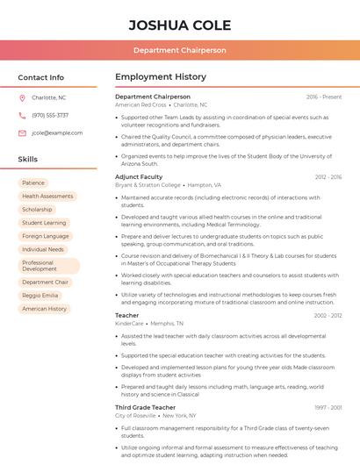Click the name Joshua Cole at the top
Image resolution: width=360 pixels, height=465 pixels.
coord(179,24)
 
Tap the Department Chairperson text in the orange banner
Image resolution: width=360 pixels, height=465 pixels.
coord(179,51)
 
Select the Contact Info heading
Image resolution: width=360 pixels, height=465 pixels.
coord(40,77)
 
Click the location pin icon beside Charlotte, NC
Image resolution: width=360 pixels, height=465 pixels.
coord(22,98)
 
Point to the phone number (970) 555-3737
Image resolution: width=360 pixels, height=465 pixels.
coord(50,115)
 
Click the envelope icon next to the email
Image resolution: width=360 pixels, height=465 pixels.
coord(22,132)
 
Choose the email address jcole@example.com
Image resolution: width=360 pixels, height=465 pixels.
coord(57,132)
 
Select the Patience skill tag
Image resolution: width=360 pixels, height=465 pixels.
coord(33,182)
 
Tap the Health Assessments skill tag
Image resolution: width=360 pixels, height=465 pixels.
coord(47,197)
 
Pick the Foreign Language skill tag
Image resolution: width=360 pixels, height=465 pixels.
coord(46,236)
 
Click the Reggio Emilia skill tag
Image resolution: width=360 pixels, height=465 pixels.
coord(41,296)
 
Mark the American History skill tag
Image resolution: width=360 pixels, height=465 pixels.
coord(45,309)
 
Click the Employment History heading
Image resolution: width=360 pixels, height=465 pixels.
coord(161,77)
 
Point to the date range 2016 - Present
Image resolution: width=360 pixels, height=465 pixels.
coord(324,97)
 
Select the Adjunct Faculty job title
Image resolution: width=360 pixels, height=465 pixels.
coord(140,176)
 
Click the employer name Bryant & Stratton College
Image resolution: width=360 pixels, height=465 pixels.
coord(148,185)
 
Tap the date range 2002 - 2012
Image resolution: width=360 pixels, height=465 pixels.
coord(328,315)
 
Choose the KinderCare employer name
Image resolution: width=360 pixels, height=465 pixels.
coord(129,324)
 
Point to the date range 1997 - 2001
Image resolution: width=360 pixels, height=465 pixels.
coord(328,407)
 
